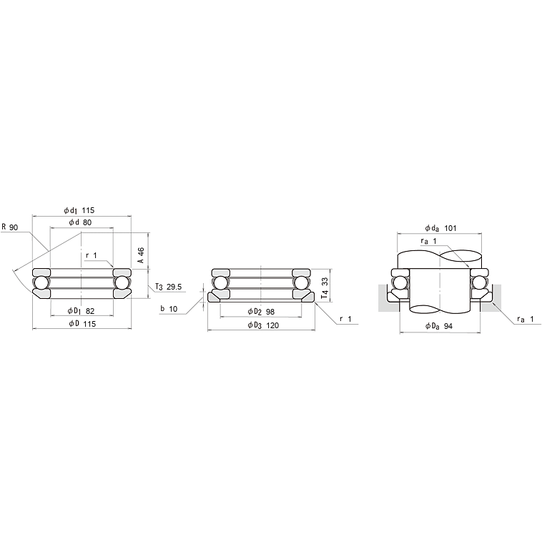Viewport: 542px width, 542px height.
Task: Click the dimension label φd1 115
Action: coord(79,210)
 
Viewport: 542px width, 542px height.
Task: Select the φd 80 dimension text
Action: coord(80,222)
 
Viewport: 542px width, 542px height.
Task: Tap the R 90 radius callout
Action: coord(10,227)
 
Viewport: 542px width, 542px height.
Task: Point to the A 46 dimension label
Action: coord(141,255)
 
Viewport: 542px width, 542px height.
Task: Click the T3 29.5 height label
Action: coord(168,287)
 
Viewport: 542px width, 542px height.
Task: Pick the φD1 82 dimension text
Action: coord(81,311)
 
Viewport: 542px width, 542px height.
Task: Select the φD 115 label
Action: coord(82,323)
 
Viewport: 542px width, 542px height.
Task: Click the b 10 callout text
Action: coord(169,309)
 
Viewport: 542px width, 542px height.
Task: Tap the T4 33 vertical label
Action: coord(325,288)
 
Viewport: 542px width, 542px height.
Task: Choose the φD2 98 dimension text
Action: coord(261,312)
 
